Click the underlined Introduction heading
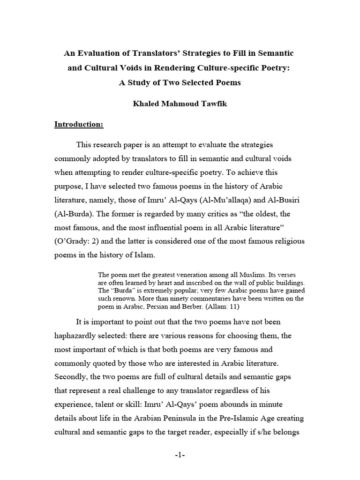click(x=79, y=125)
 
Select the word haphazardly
click(x=79, y=336)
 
